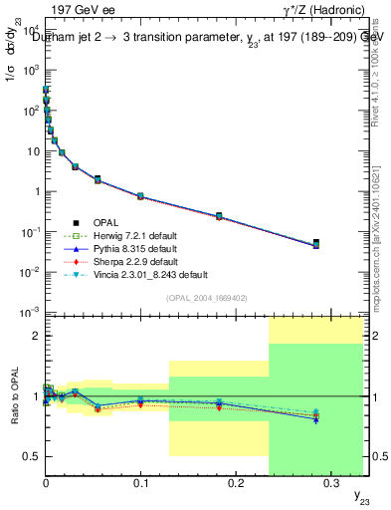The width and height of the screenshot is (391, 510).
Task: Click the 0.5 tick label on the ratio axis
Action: (29, 457)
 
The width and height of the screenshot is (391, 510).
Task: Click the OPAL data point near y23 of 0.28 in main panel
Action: (315, 243)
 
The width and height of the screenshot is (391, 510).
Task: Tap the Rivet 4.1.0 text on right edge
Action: (382, 70)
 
